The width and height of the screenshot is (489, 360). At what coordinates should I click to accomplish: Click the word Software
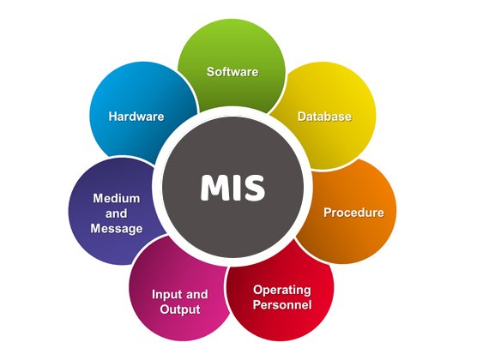click(232, 72)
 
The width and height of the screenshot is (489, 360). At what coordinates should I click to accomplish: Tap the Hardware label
click(136, 117)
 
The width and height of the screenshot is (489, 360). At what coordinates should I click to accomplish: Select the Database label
click(324, 117)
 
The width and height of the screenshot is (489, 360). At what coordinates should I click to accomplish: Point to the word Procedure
click(353, 213)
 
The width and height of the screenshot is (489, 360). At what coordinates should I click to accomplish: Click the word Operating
click(282, 291)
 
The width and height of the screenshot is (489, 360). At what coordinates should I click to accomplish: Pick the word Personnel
click(282, 304)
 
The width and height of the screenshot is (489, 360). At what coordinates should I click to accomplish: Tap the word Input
click(166, 295)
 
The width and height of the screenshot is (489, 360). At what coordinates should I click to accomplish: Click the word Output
click(180, 309)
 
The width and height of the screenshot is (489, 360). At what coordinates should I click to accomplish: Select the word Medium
click(117, 198)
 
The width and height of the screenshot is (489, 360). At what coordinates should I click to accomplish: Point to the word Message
click(117, 229)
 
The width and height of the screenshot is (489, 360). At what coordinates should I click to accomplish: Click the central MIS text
click(232, 187)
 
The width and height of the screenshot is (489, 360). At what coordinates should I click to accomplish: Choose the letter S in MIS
click(255, 187)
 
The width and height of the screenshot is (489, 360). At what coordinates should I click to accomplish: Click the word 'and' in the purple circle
click(117, 213)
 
